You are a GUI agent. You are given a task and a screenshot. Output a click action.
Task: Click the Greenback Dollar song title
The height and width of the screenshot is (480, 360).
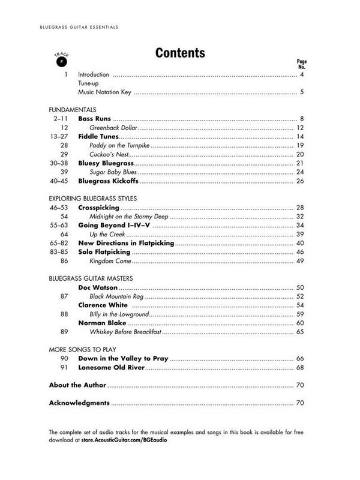pos(114,128)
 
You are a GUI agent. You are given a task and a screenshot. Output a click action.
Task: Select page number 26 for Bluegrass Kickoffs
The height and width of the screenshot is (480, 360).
pos(301,181)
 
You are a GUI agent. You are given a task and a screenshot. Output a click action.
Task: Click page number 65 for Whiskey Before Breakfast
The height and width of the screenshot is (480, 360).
pos(301,332)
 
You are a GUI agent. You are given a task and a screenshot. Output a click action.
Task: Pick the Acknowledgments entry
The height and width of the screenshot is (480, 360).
pos(79,403)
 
